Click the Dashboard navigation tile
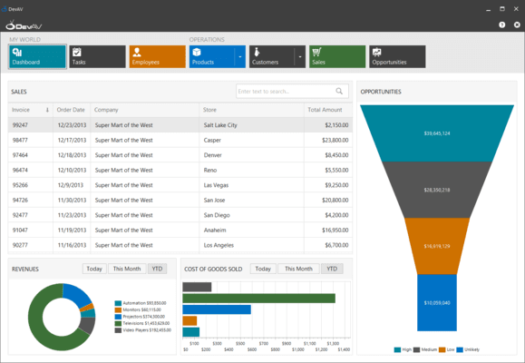(37, 57)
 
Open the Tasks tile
(97, 57)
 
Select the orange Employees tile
(157, 57)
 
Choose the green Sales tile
(337, 57)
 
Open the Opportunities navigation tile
(397, 57)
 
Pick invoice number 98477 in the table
(20, 140)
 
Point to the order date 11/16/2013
(71, 244)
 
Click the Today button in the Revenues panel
(93, 269)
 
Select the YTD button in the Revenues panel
(158, 269)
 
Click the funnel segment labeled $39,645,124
(436, 133)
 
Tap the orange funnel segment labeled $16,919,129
(436, 245)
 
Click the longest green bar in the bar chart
(258, 298)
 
